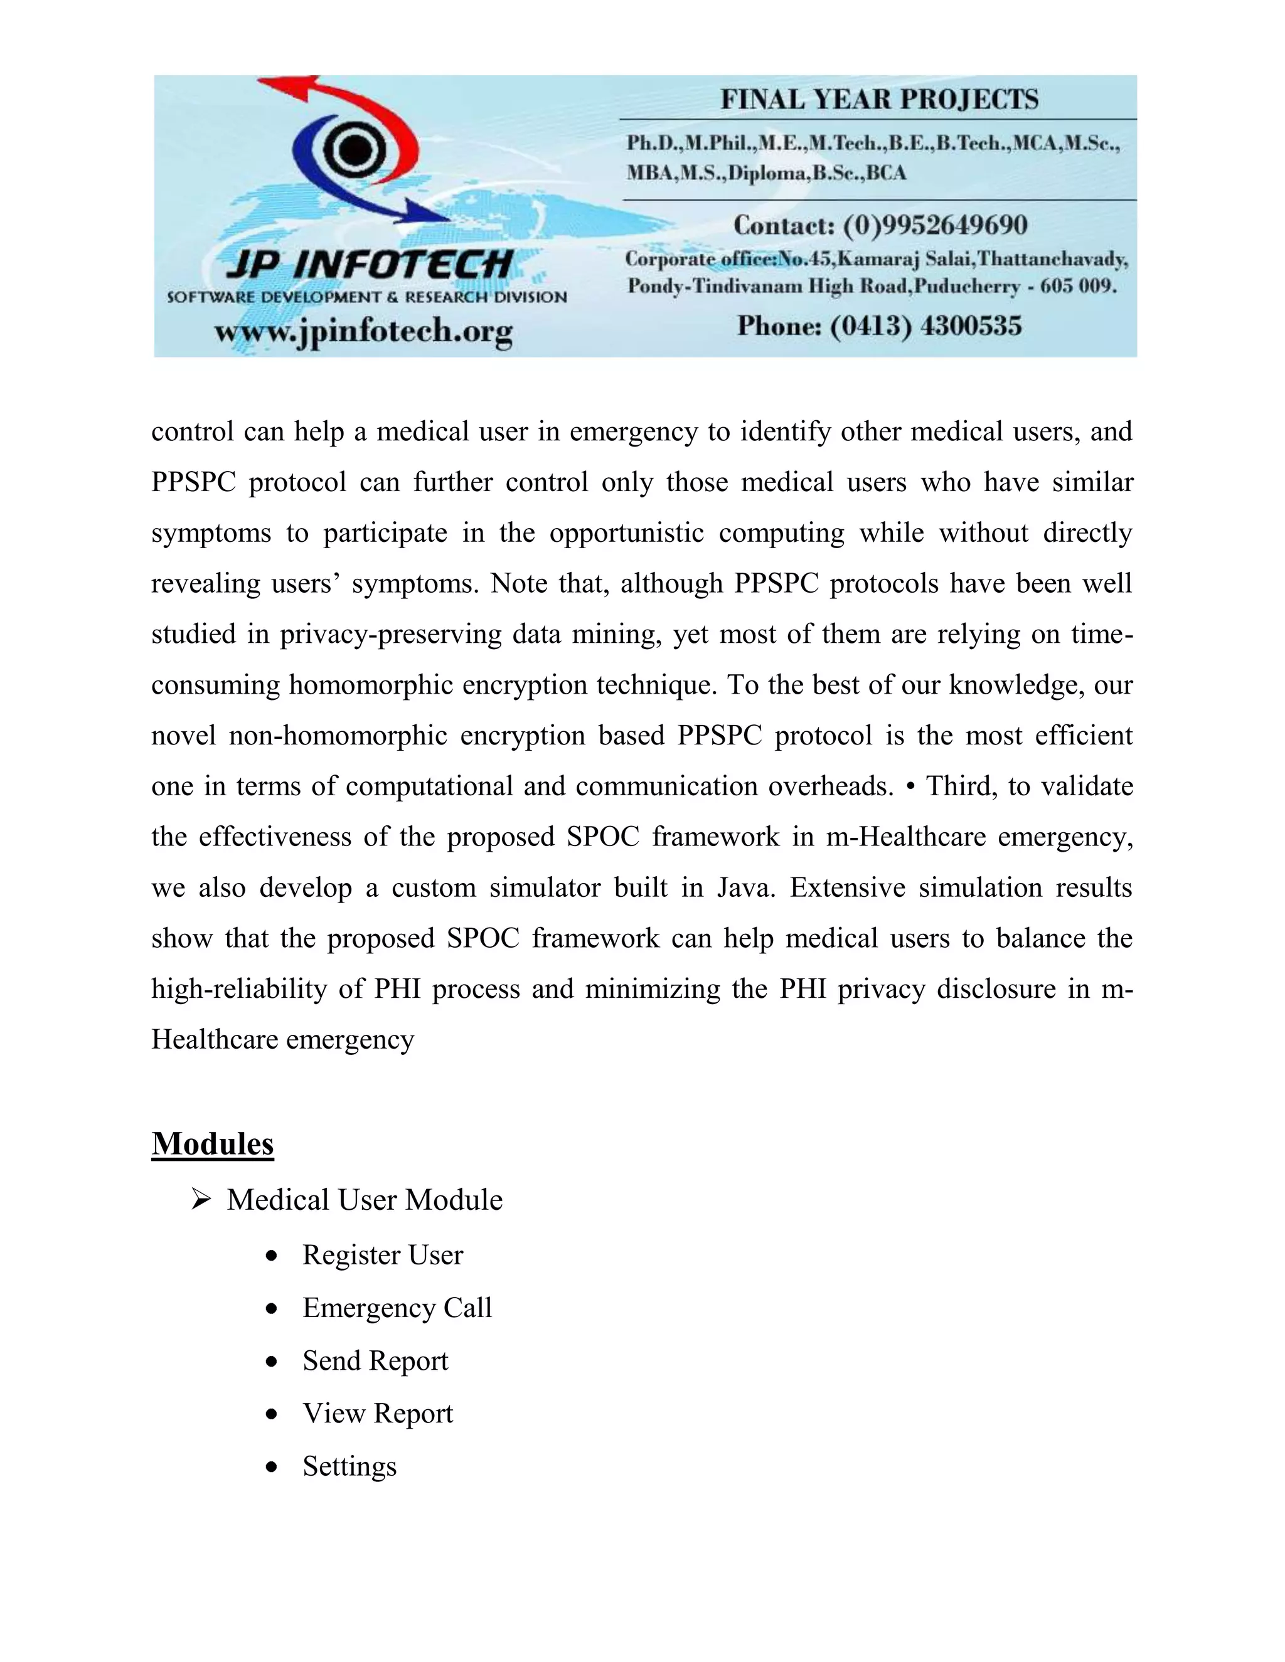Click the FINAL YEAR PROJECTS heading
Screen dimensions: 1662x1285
pyautogui.click(x=879, y=100)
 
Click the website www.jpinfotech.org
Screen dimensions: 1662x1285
pyautogui.click(x=363, y=332)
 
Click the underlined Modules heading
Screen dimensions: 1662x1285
pyautogui.click(x=213, y=1144)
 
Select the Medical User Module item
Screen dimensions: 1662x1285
pyautogui.click(x=364, y=1200)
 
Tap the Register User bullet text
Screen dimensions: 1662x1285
pyautogui.click(x=382, y=1255)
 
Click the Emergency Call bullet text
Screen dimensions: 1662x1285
pyautogui.click(x=397, y=1308)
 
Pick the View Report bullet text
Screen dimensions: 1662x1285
pyautogui.click(x=378, y=1413)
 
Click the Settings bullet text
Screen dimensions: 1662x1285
pyautogui.click(x=349, y=1466)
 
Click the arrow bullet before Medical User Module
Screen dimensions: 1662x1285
pyautogui.click(x=201, y=1200)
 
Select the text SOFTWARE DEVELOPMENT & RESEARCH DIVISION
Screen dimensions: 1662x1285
pyautogui.click(x=367, y=297)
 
